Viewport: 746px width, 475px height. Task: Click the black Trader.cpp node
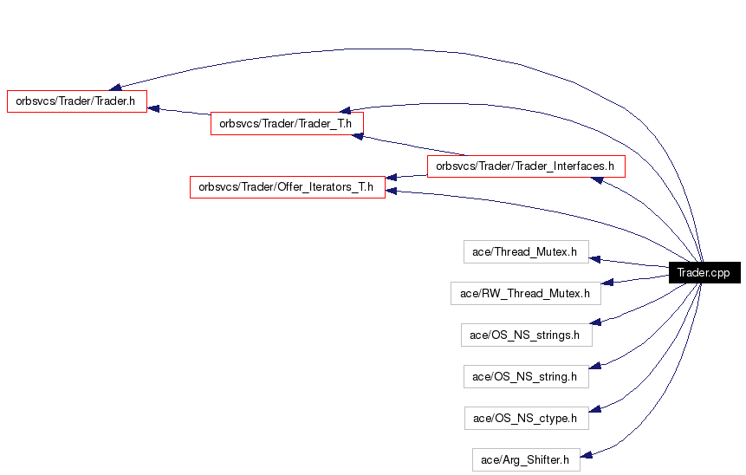pyautogui.click(x=704, y=272)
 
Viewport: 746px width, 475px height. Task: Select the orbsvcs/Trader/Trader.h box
pyautogui.click(x=77, y=101)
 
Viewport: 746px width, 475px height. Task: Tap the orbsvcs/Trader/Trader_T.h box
pyautogui.click(x=287, y=124)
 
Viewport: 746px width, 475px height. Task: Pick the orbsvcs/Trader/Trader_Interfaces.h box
pyautogui.click(x=526, y=166)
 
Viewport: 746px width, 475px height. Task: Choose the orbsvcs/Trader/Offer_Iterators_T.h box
pyautogui.click(x=288, y=187)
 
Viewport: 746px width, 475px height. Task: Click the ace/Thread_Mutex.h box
pyautogui.click(x=526, y=251)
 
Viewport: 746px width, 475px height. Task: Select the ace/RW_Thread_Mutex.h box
pyautogui.click(x=526, y=293)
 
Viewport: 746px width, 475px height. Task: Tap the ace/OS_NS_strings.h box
pyautogui.click(x=527, y=335)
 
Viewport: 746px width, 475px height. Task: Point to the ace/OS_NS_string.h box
pyautogui.click(x=526, y=376)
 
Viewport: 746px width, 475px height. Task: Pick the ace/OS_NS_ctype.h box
pyautogui.click(x=527, y=419)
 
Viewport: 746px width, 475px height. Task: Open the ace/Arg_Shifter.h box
pyautogui.click(x=526, y=459)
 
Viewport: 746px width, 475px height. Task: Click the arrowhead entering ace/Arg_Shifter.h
pyautogui.click(x=586, y=455)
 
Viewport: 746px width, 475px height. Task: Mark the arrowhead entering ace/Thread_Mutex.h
pyautogui.click(x=594, y=259)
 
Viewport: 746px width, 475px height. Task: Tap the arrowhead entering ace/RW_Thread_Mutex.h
pyautogui.click(x=607, y=282)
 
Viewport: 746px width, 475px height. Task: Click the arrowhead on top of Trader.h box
pyautogui.click(x=115, y=87)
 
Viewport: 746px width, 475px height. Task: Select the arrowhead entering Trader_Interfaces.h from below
pyautogui.click(x=597, y=180)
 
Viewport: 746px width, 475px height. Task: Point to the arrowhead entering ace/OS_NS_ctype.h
pyautogui.click(x=595, y=409)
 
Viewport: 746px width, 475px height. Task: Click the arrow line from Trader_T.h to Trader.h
pyautogui.click(x=178, y=111)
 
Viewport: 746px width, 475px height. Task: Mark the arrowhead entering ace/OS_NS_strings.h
pyautogui.click(x=595, y=322)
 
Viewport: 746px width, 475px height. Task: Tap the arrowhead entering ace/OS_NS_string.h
pyautogui.click(x=595, y=366)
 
